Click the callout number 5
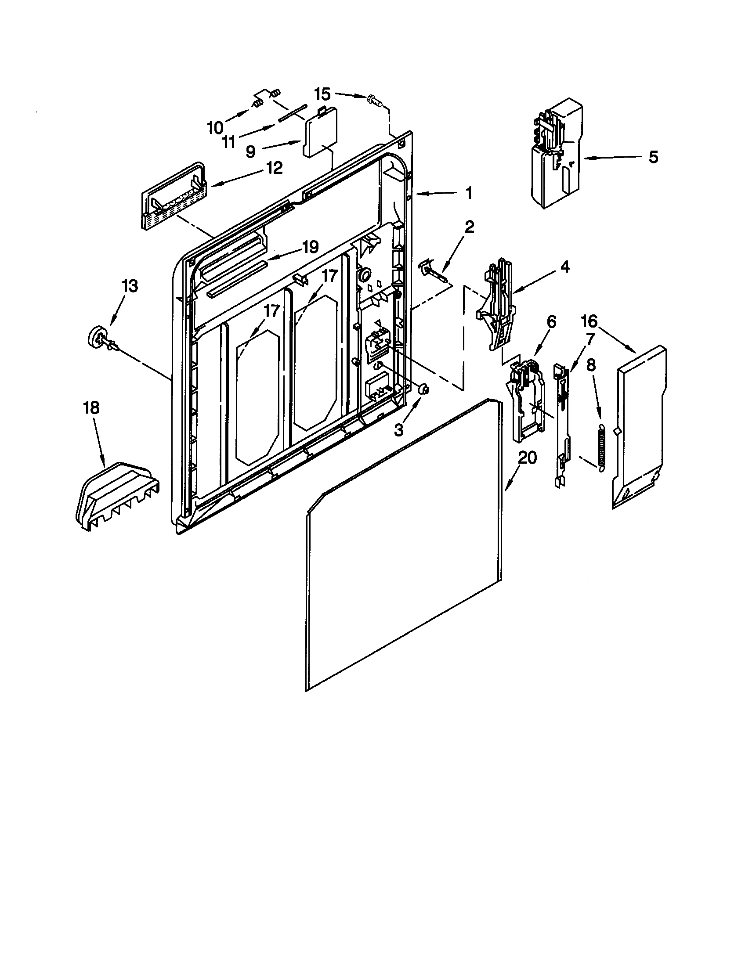click(x=653, y=157)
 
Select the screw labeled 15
click(x=375, y=101)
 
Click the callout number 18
click(x=91, y=408)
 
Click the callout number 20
click(x=526, y=458)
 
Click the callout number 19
click(x=309, y=247)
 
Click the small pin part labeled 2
click(x=436, y=273)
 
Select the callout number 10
click(x=215, y=128)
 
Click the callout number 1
click(x=469, y=193)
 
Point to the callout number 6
click(x=551, y=322)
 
